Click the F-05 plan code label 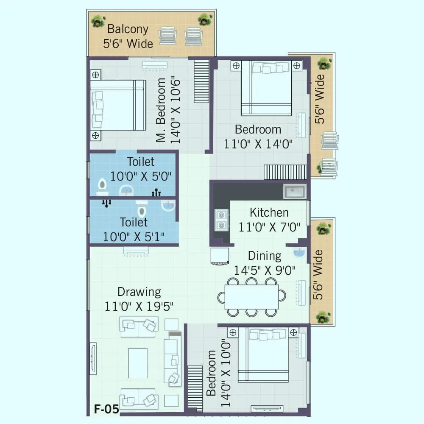pos(106,410)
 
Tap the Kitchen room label pos(269,212)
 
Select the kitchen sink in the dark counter pos(295,192)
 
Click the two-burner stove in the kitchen pos(220,220)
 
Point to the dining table pos(251,297)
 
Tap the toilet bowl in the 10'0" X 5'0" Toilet pos(102,185)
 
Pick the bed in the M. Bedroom pos(117,105)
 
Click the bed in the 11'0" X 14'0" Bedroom pos(266,87)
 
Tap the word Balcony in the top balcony pos(128,29)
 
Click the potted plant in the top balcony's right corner pos(205,19)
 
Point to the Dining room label pos(265,256)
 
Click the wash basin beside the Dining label pos(298,253)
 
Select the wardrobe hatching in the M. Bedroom pos(201,81)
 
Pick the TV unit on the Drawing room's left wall pos(92,358)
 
